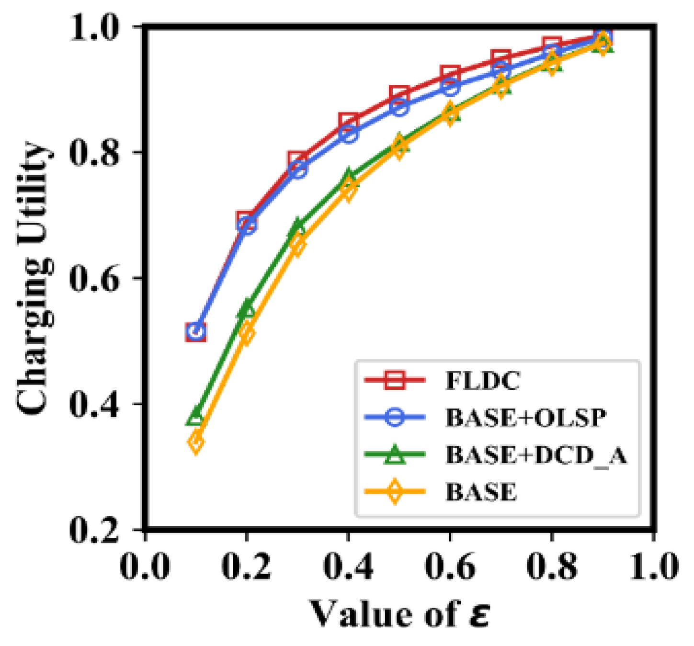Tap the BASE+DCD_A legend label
pos(536,454)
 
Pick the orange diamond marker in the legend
pos(395,491)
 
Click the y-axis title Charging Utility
pos(34,278)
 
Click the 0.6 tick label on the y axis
pos(94,279)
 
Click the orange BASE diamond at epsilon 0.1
pos(195,442)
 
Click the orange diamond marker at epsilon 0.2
pos(247,332)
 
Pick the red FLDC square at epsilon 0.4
pos(348,121)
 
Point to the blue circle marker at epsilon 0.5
pos(399,107)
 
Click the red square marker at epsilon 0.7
pos(501,59)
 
